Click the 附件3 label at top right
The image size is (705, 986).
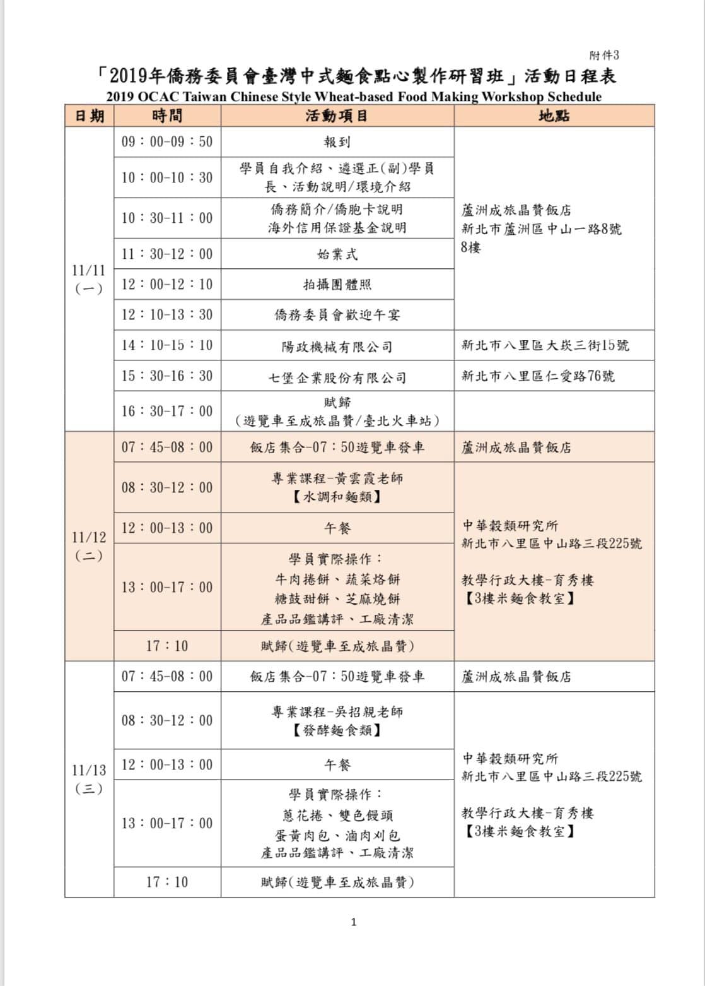603,56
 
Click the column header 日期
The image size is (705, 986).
90,116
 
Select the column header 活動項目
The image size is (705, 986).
337,116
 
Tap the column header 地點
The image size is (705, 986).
554,116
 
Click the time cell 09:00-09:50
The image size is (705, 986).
167,141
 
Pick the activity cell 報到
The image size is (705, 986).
337,142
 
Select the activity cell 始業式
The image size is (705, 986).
337,254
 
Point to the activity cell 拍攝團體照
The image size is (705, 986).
337,284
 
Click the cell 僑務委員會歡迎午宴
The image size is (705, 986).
337,314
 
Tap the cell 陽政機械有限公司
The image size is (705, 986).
337,347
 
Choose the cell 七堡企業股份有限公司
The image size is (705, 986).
337,377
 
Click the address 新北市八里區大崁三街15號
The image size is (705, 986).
545,345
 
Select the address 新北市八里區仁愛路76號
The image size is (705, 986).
538,376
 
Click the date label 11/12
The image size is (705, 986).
89,537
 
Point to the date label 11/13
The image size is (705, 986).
89,770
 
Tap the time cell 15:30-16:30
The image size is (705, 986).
167,376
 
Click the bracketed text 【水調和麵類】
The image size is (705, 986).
337,497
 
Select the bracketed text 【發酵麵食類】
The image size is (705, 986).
337,731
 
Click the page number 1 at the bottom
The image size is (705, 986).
353,922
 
